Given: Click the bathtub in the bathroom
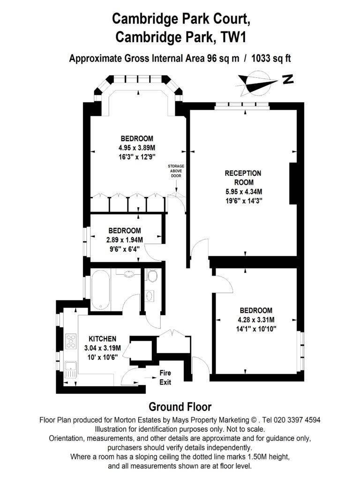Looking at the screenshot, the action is [100, 290].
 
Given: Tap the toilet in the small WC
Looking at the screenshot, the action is [152, 275].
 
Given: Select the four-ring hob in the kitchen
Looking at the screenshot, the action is [71, 341].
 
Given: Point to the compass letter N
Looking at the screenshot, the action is [288, 79].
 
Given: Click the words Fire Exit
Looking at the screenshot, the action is [165, 377].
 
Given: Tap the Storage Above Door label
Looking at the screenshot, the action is [176, 171].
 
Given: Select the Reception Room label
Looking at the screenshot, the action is [243, 178].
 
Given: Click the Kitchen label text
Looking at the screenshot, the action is [103, 339].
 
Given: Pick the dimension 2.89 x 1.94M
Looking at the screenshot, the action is [125, 240].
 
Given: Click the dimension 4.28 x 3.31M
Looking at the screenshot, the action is [256, 320].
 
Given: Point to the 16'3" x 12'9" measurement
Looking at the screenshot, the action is [137, 157].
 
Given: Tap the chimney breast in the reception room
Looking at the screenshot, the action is [293, 183].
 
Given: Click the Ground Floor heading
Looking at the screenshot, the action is [180, 407].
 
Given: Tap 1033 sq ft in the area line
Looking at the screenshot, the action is [271, 58].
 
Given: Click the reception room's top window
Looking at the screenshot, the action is [242, 105].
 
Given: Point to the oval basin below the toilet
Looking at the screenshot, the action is [150, 296].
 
